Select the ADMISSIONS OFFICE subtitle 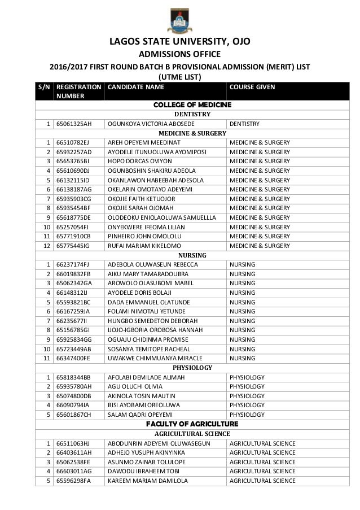point(180,55)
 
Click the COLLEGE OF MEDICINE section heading point(192,105)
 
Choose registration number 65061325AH point(73,124)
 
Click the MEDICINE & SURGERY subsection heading point(192,133)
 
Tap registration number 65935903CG point(74,197)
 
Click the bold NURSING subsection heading point(192,255)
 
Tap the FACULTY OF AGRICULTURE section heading point(192,424)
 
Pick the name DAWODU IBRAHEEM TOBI point(142,471)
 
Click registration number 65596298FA point(73,481)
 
